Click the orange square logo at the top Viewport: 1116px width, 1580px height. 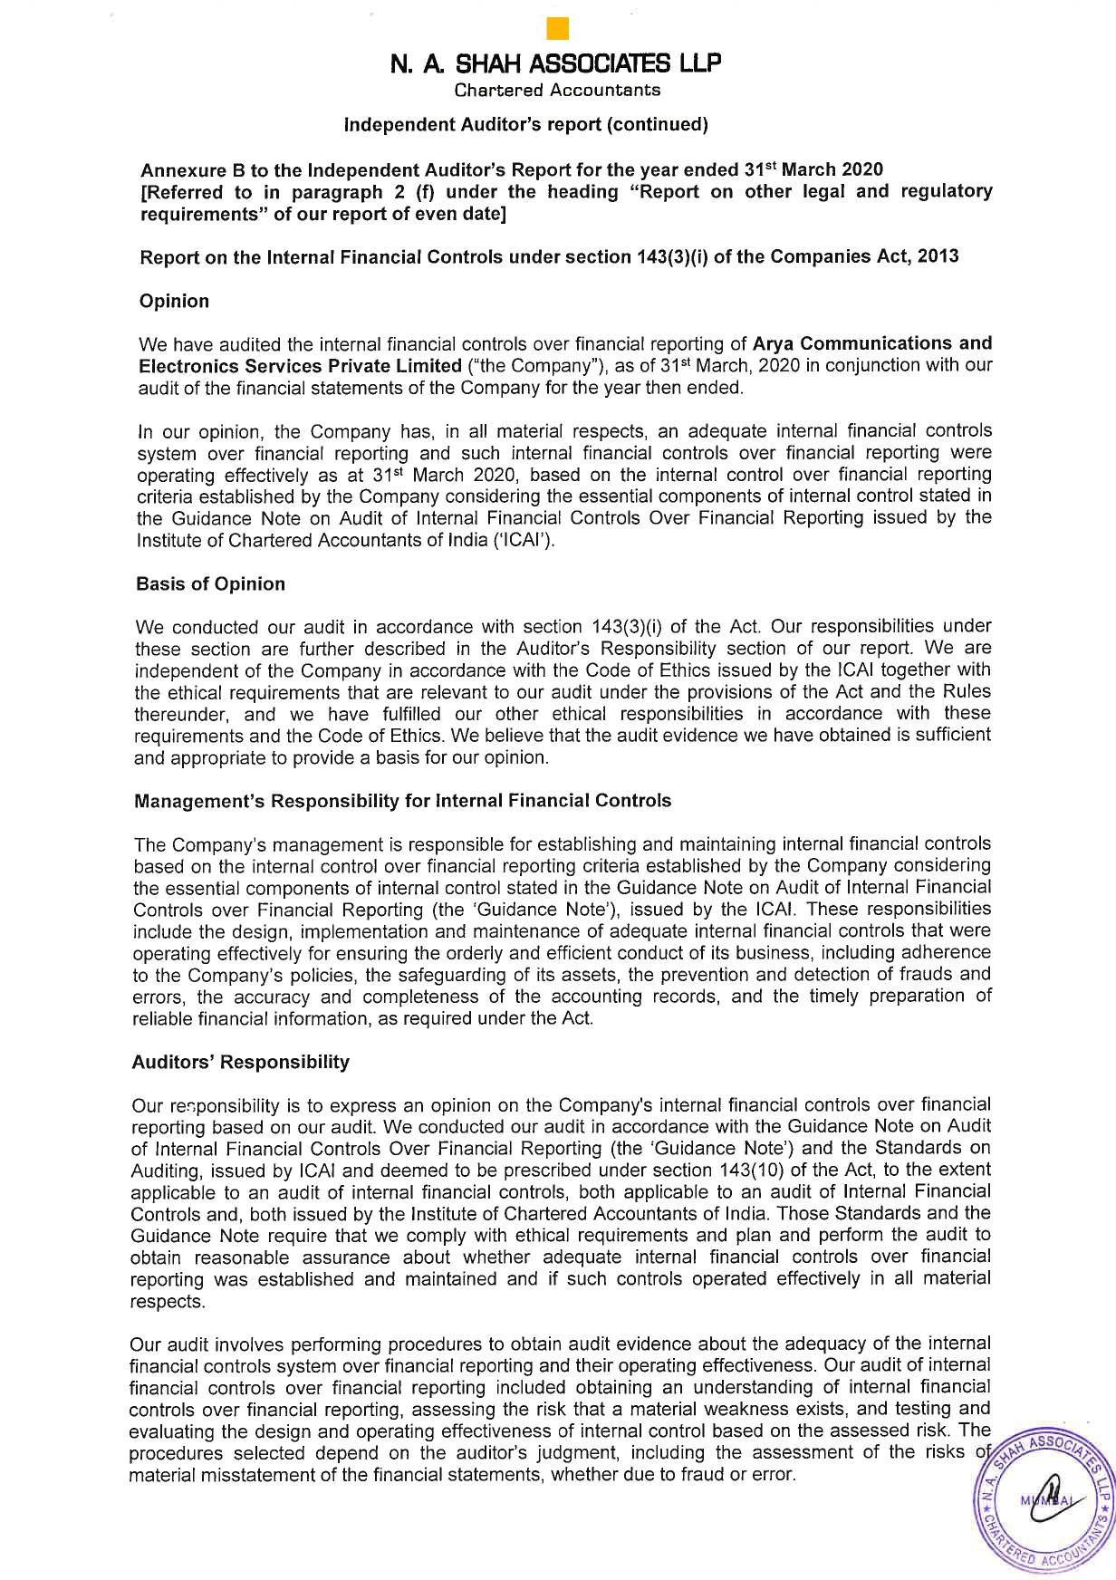coord(558,29)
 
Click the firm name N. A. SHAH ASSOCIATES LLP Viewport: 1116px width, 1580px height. coord(556,64)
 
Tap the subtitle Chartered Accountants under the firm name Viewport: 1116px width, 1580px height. coord(557,90)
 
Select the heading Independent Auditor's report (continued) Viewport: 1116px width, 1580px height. coord(526,124)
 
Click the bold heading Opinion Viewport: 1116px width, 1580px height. coord(174,302)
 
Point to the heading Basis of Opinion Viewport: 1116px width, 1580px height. coord(210,584)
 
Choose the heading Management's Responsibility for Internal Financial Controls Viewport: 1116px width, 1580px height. coord(402,801)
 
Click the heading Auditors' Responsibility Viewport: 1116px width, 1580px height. coord(240,1062)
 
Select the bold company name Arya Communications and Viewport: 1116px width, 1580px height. coord(872,344)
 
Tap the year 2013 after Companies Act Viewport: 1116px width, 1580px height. coord(938,256)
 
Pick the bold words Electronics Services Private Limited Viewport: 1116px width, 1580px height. coord(300,366)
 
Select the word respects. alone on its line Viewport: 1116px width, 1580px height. coord(168,1301)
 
